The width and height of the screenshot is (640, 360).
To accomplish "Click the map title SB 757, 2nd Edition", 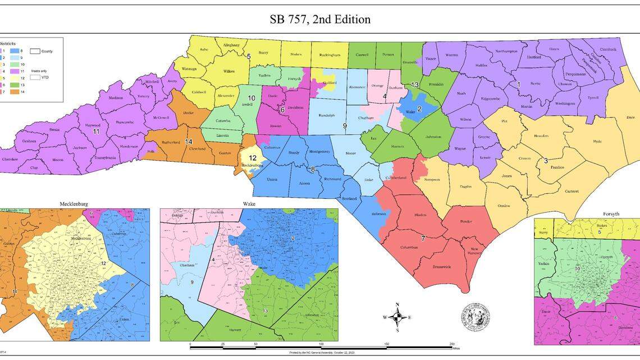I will click(x=320, y=19).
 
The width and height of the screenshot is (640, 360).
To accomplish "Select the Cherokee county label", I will click(x=10, y=159).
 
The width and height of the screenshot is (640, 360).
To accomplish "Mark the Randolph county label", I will click(x=327, y=116).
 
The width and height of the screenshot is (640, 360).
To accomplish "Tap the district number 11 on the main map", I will click(x=96, y=131).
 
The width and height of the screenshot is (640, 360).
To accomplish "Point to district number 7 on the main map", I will click(x=423, y=238).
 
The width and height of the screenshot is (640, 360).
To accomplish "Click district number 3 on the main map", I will click(x=545, y=161).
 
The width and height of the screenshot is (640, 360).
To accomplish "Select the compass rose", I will click(x=397, y=317).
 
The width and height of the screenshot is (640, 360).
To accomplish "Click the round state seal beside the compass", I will click(x=475, y=317).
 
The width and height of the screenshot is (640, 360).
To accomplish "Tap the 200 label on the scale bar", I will click(x=451, y=344).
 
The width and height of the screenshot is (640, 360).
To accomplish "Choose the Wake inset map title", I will click(x=249, y=204).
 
